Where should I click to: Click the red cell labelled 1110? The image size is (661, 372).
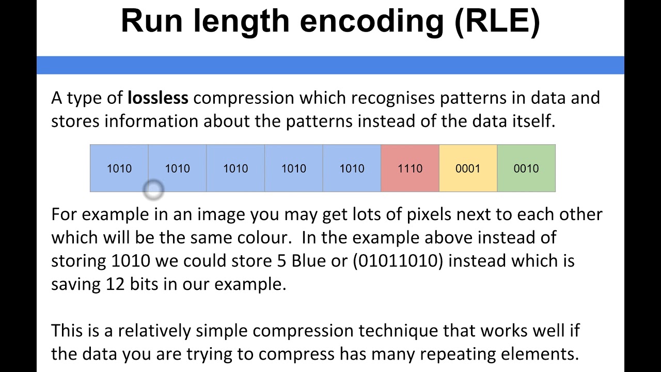[x=410, y=168]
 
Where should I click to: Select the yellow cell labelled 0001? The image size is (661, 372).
[x=468, y=168]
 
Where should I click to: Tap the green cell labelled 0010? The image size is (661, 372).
[x=526, y=168]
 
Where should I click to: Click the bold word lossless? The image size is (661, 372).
[x=158, y=98]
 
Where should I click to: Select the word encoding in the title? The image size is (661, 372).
[x=372, y=22]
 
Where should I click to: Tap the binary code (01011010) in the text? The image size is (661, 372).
[x=398, y=261]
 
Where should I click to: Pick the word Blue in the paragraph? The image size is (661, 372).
[x=309, y=261]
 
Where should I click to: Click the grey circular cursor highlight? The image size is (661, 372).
[x=153, y=190]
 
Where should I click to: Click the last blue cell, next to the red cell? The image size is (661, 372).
[x=352, y=168]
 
